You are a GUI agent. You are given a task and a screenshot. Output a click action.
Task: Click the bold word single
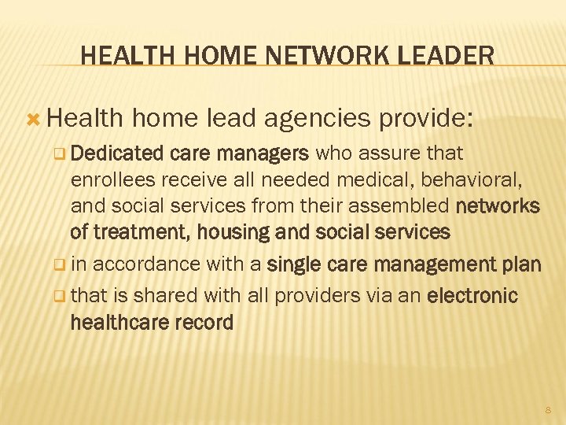pyautogui.click(x=293, y=264)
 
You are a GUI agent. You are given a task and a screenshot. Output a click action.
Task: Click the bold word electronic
pyautogui.click(x=472, y=296)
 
